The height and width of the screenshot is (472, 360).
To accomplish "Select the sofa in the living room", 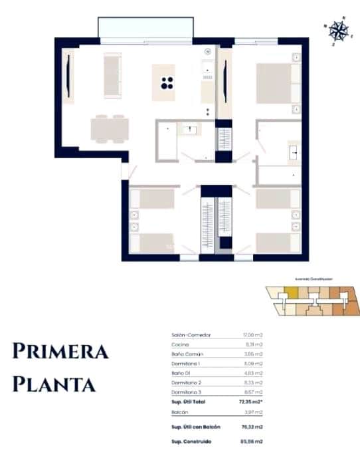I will click(112, 75).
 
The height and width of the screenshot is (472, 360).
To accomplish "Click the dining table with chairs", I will click(110, 128).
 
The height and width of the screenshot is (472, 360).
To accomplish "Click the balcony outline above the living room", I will click(145, 28).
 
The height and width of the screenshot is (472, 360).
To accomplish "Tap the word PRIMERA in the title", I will click(60, 352).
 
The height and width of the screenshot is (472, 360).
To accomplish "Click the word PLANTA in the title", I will click(54, 384).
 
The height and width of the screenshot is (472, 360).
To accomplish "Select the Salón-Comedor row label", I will click(191, 335).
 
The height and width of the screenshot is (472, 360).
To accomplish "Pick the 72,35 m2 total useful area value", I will click(250, 403).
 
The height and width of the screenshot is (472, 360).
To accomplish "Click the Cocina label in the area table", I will click(180, 345).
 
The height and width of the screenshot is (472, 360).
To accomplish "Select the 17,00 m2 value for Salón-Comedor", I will click(253, 335).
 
